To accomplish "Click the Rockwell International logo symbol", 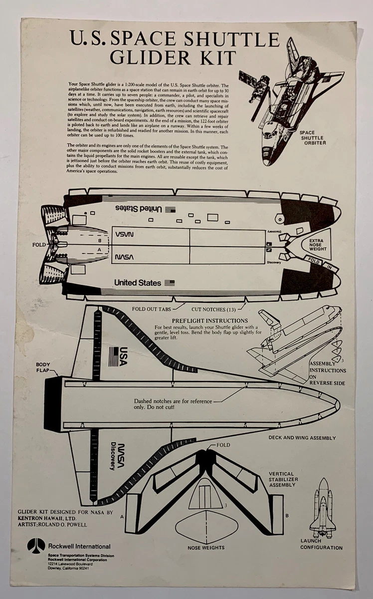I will click(x=36, y=545).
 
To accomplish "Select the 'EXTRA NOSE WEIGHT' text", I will click(x=316, y=245).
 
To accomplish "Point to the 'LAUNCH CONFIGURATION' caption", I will click(x=321, y=544).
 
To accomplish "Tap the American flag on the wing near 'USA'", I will click(x=113, y=356).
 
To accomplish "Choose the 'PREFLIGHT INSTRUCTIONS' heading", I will click(x=210, y=320).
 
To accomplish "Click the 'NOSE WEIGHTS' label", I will click(x=206, y=548).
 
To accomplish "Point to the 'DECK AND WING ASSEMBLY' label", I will click(x=302, y=438).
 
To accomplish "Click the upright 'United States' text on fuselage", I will click(x=138, y=283).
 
